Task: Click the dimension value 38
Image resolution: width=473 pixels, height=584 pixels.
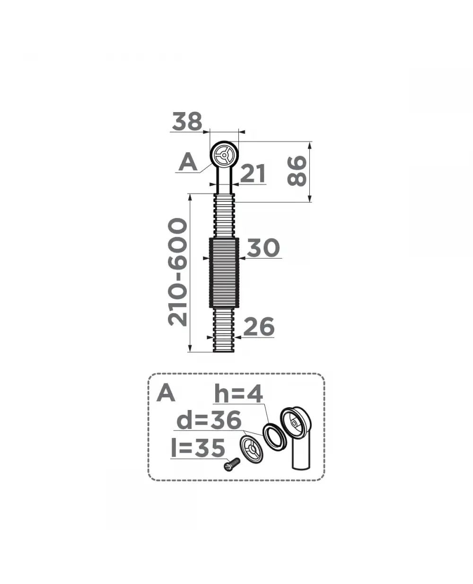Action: pos(187,121)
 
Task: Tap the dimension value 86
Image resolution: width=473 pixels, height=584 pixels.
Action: pos(297,171)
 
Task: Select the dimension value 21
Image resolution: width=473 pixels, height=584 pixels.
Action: pos(253,173)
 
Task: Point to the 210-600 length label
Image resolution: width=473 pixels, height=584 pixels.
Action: pos(177,272)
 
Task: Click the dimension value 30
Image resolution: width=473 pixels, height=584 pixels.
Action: pos(263,248)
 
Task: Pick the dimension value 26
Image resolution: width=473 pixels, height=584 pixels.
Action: pos(259,327)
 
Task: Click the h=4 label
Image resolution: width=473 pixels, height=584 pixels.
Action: pos(238,394)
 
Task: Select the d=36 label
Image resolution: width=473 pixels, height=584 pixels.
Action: pos(209,420)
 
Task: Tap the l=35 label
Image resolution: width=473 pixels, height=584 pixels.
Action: pos(198,448)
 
